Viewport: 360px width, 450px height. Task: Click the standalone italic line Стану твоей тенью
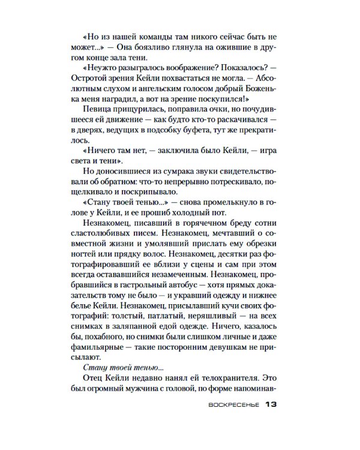pyautogui.click(x=113, y=365)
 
